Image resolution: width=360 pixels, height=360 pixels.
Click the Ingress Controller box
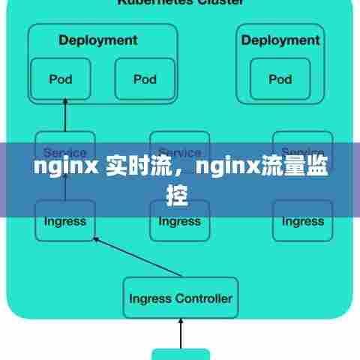point(180,298)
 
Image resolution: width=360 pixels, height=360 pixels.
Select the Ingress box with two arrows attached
point(65,220)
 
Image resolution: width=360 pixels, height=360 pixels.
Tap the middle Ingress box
point(179,220)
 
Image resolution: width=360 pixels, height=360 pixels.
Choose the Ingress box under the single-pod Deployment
point(302,220)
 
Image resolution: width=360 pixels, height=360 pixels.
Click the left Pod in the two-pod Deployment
point(60,78)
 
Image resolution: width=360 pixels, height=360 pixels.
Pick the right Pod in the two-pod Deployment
point(145,78)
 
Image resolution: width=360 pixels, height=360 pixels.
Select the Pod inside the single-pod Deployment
point(280,78)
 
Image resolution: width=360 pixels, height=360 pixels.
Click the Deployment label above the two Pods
point(97,40)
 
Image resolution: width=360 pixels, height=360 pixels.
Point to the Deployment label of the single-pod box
point(280,40)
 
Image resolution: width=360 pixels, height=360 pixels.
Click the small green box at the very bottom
point(180,354)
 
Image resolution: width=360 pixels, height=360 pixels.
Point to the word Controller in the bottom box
point(203,298)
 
